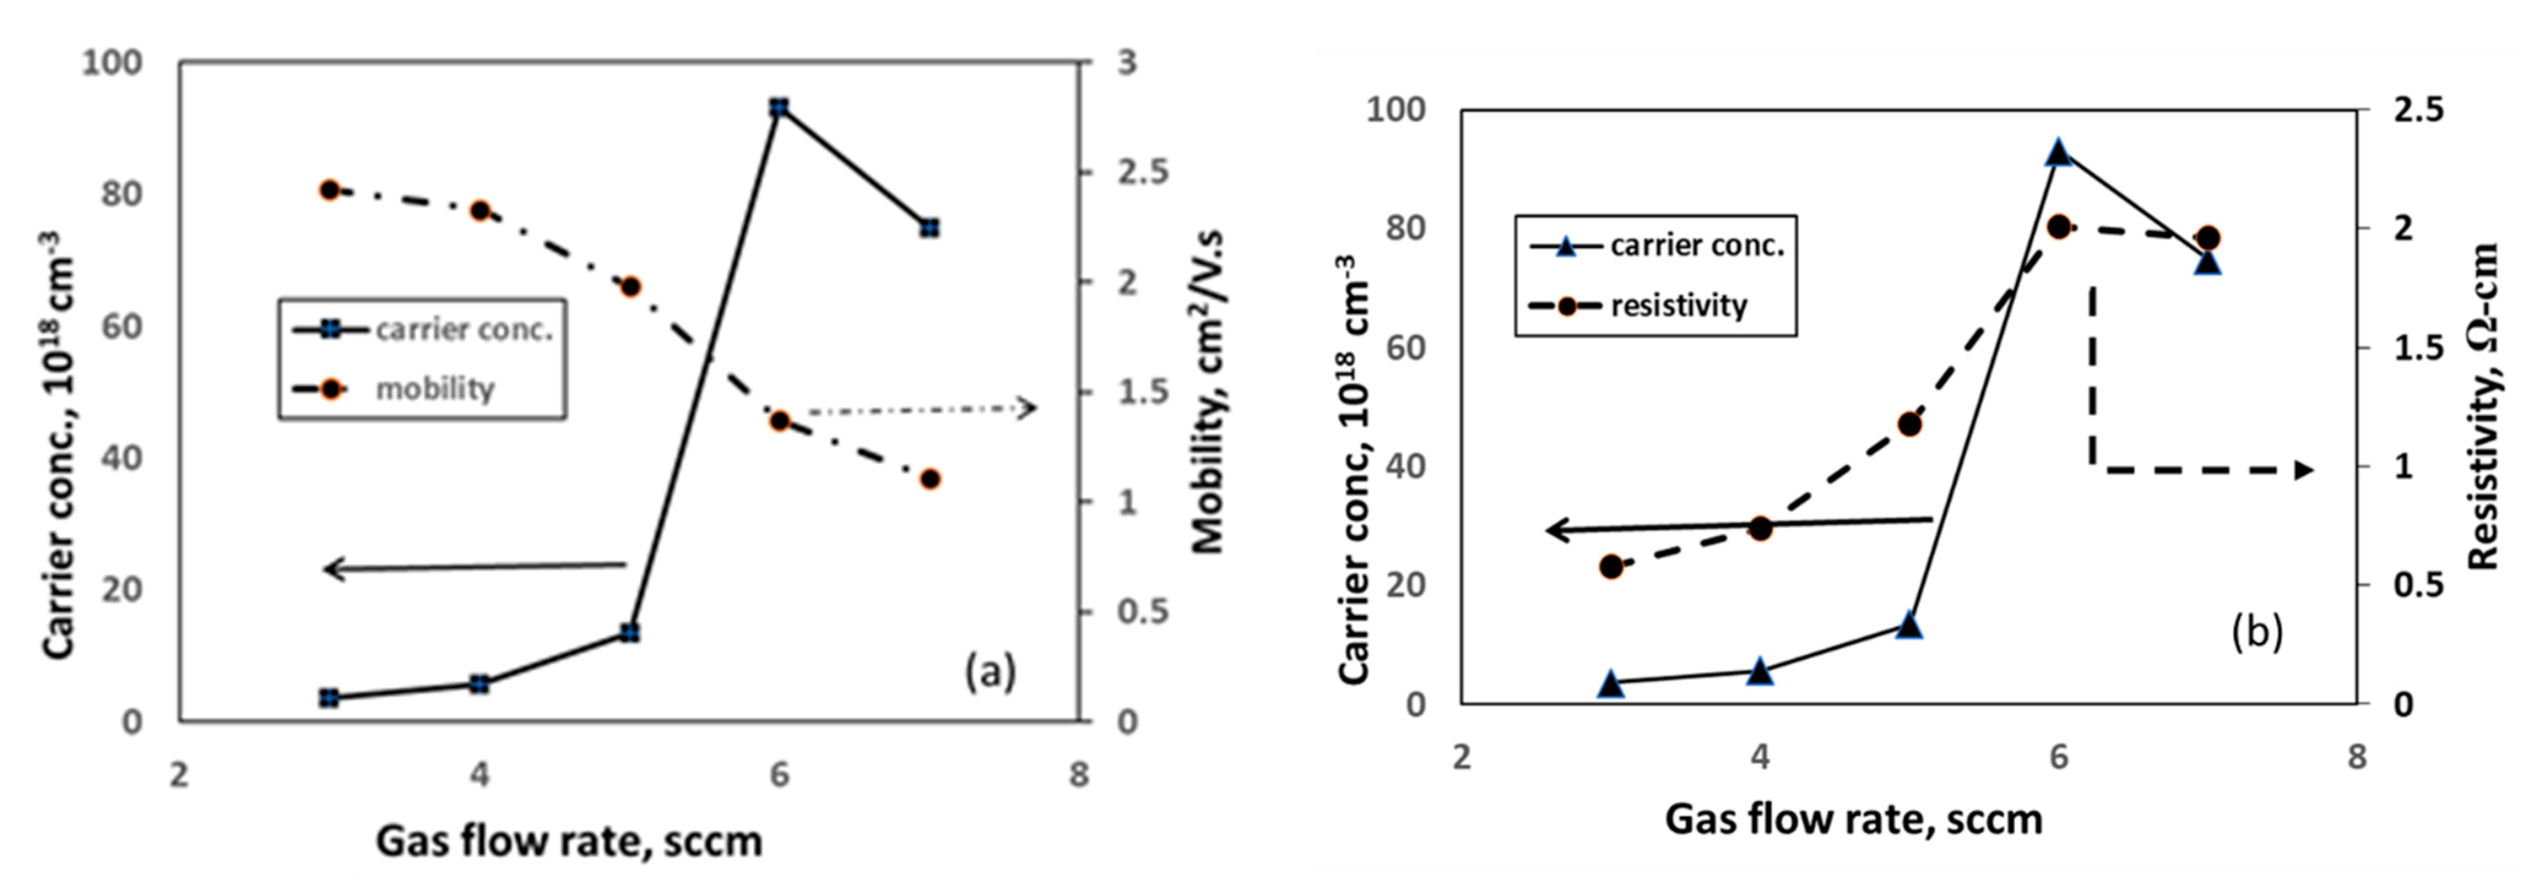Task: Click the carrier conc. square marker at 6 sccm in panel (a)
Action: [779, 107]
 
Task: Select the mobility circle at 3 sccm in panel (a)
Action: [330, 189]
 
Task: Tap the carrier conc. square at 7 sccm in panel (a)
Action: [929, 228]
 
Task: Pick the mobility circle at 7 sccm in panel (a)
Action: [929, 479]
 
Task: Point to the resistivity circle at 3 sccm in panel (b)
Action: [1611, 567]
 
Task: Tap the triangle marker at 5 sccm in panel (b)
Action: [1909, 625]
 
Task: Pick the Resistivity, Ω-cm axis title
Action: [2482, 407]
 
